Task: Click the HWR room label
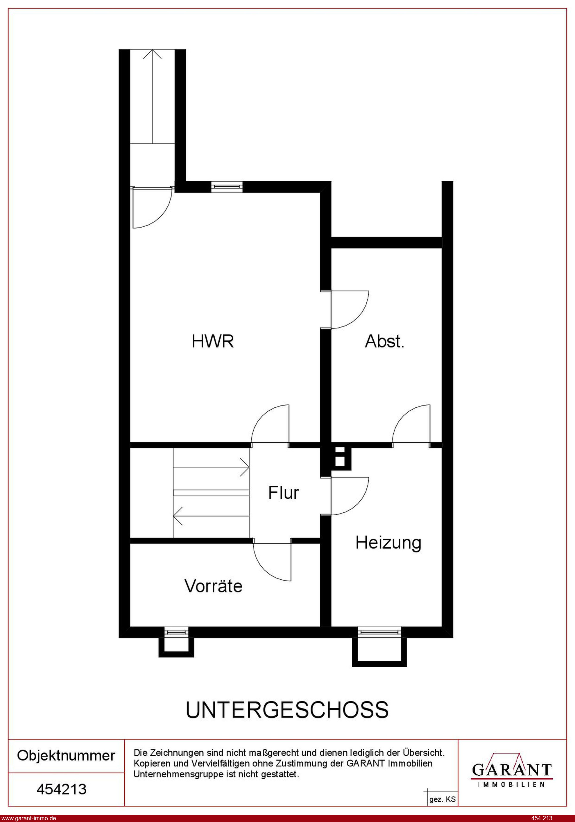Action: (x=213, y=341)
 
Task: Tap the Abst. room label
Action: (x=384, y=341)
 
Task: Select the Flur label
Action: (x=284, y=493)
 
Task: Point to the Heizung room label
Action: (x=388, y=543)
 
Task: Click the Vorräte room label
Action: (x=214, y=586)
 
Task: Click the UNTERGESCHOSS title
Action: (x=287, y=710)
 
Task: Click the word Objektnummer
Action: (x=66, y=756)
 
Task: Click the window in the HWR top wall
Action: (x=227, y=187)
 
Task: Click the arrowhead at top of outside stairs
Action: (x=152, y=54)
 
